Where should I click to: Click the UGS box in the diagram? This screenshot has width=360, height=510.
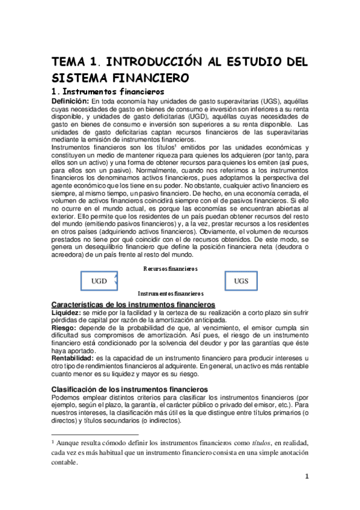[240, 281]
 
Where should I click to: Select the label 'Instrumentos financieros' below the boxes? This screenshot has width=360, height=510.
[171, 293]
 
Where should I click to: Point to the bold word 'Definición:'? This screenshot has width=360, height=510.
[71, 100]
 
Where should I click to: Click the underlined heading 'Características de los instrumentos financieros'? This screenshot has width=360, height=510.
[133, 306]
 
